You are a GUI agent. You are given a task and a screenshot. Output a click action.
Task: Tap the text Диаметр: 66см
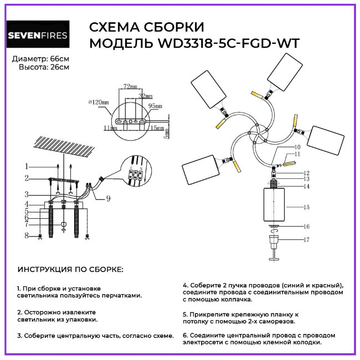click(x=40, y=59)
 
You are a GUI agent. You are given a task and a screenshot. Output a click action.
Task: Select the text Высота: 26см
click(x=44, y=68)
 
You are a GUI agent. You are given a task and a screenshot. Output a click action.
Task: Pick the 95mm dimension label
click(x=156, y=106)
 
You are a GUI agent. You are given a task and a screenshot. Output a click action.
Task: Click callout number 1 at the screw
click(x=26, y=166)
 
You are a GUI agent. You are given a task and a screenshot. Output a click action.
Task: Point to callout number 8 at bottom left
click(x=26, y=236)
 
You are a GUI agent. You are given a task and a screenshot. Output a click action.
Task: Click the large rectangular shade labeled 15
click(x=273, y=205)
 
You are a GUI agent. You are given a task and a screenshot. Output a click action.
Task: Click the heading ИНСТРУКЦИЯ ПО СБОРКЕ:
click(x=71, y=269)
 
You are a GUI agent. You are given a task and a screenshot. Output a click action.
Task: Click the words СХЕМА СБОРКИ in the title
click(x=146, y=28)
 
